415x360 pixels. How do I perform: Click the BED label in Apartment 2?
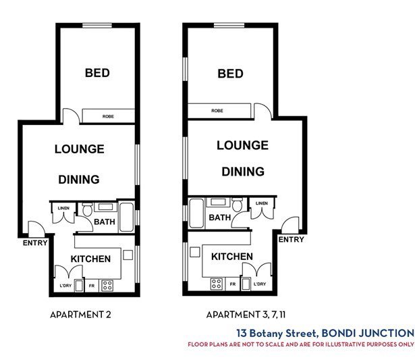(x=97, y=73)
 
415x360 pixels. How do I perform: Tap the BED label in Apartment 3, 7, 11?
(x=230, y=73)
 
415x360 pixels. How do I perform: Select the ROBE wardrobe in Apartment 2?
(x=108, y=116)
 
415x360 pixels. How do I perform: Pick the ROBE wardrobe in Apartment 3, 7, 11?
(x=218, y=111)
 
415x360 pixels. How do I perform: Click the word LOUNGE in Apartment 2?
(x=79, y=149)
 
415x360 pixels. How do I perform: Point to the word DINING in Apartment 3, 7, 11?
(x=243, y=172)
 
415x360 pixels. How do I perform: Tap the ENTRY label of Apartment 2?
(x=34, y=242)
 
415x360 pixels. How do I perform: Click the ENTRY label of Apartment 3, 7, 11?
(x=291, y=239)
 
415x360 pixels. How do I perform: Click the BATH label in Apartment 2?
(x=105, y=222)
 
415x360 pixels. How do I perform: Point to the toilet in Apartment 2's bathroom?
(x=88, y=209)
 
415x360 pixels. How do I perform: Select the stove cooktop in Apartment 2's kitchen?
(x=107, y=285)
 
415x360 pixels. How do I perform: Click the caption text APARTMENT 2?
(x=80, y=315)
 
